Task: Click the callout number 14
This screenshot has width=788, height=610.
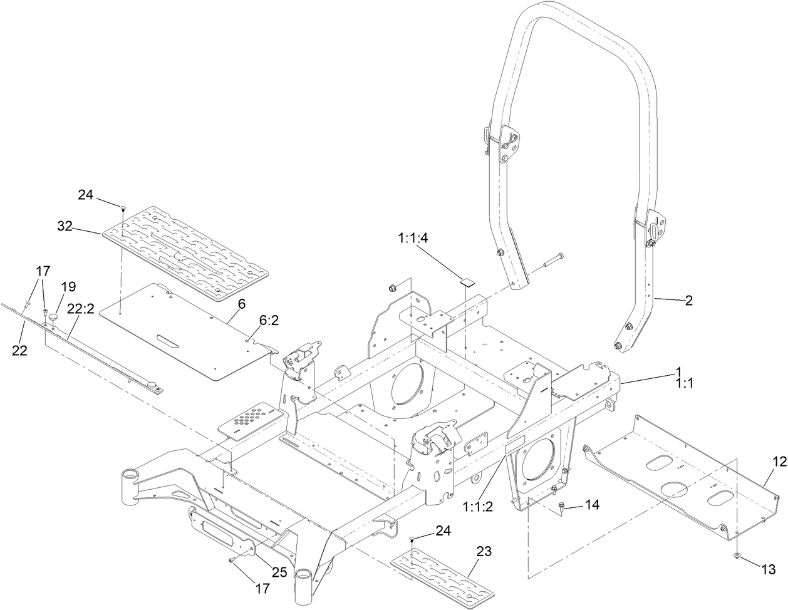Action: pos(592,504)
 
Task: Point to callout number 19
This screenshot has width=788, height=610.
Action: pos(69,287)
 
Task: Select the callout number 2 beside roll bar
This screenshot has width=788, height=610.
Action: pos(689,301)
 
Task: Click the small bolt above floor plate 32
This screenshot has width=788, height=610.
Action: pos(123,207)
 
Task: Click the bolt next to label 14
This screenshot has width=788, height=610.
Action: pos(562,508)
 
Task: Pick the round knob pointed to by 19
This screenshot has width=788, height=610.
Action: pos(54,318)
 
